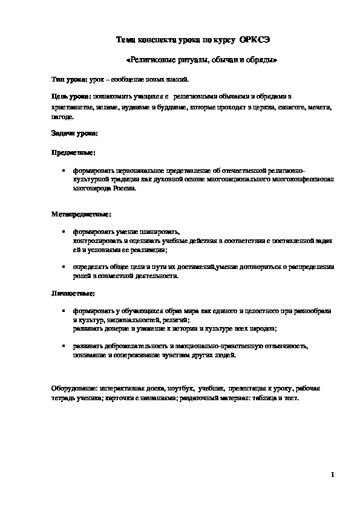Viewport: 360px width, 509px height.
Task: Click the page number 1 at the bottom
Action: coord(332,475)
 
